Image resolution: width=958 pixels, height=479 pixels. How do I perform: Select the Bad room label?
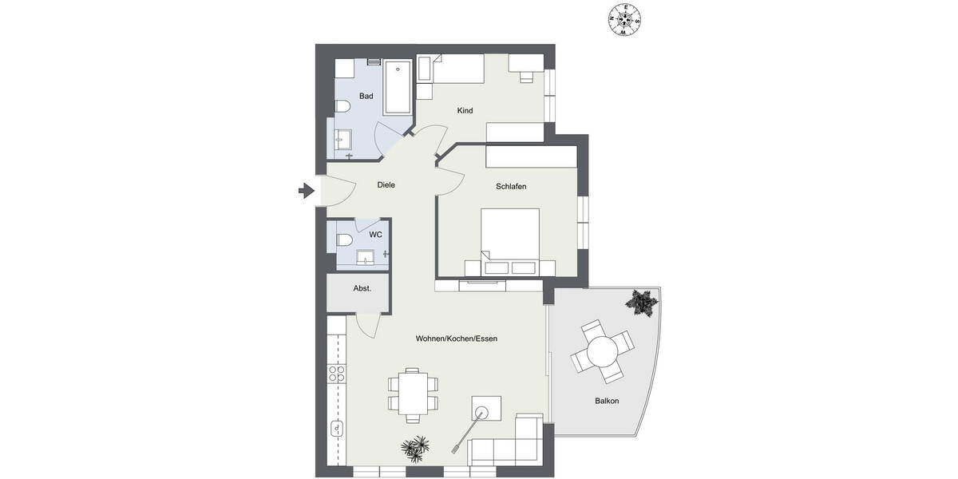click(x=366, y=97)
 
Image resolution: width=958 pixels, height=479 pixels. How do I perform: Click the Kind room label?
click(x=465, y=110)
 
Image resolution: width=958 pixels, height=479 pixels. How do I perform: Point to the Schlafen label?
click(x=511, y=186)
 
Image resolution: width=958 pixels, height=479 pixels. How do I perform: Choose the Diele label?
click(x=386, y=185)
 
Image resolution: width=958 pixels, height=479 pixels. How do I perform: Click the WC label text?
click(x=375, y=235)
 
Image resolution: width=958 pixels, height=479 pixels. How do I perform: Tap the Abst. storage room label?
click(x=362, y=288)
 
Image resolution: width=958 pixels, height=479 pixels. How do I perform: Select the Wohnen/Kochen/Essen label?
click(x=457, y=338)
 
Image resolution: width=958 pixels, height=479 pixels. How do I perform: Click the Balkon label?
click(x=607, y=401)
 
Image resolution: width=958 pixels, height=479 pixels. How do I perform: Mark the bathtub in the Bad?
click(x=398, y=87)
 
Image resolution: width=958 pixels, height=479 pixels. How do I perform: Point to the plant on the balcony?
click(x=641, y=303)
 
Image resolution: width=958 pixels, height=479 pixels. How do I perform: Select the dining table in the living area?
click(x=412, y=394)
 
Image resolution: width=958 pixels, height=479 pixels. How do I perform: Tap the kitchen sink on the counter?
click(x=338, y=429)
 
